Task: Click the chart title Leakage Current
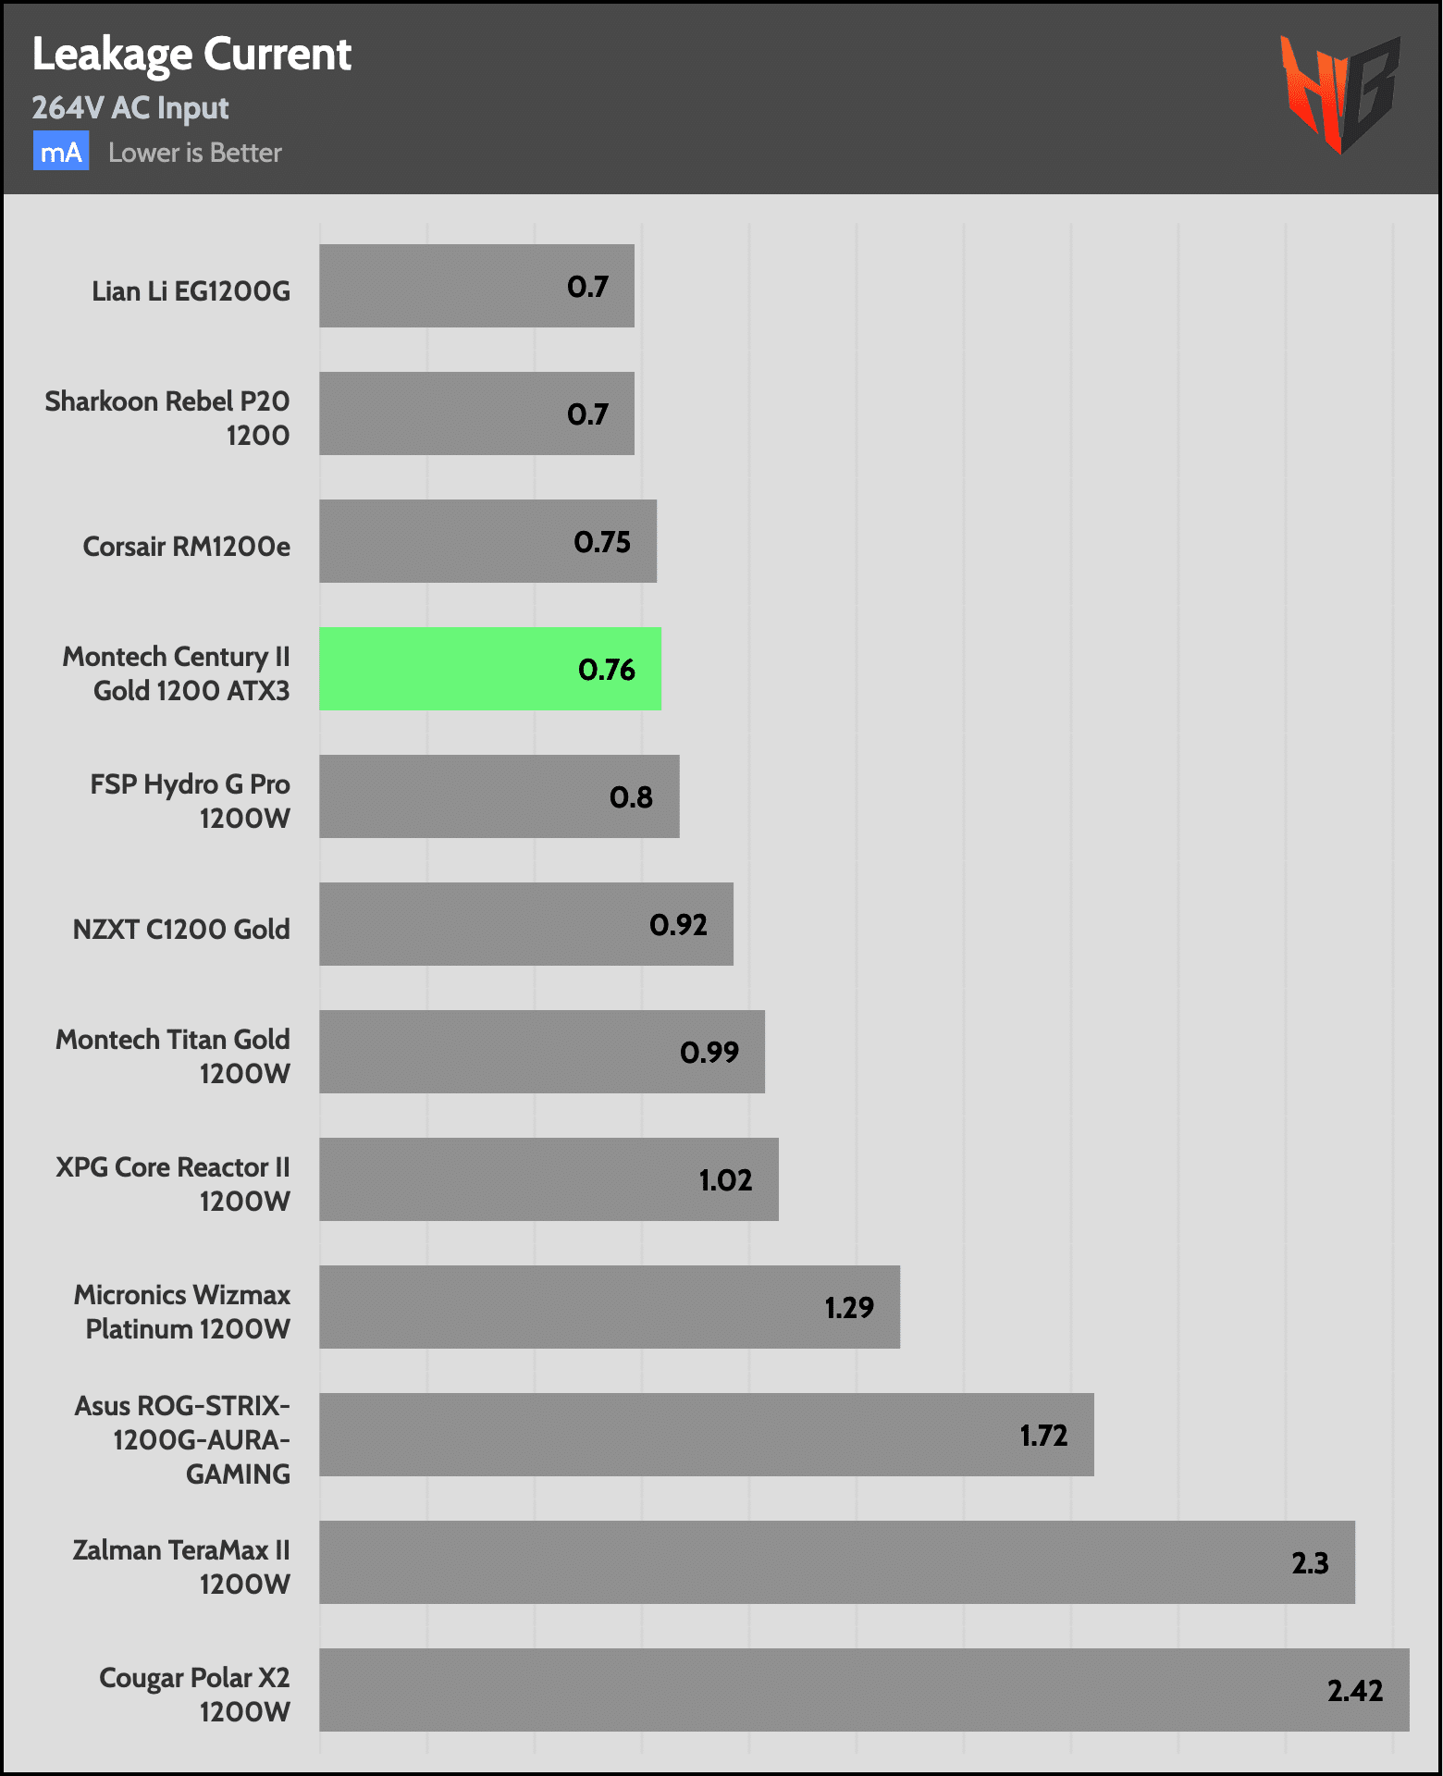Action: [191, 55]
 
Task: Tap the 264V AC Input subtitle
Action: [130, 108]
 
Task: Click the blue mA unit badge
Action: [61, 152]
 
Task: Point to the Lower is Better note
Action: [194, 153]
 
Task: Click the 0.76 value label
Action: [607, 670]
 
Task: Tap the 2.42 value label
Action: [1355, 1691]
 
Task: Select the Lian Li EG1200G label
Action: [191, 291]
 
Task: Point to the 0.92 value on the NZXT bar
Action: [678, 925]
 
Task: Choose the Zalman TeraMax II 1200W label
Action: [181, 1567]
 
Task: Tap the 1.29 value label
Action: [849, 1308]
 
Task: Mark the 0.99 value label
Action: [709, 1053]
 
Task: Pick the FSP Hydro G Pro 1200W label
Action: [190, 801]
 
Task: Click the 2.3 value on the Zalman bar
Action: [1310, 1563]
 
